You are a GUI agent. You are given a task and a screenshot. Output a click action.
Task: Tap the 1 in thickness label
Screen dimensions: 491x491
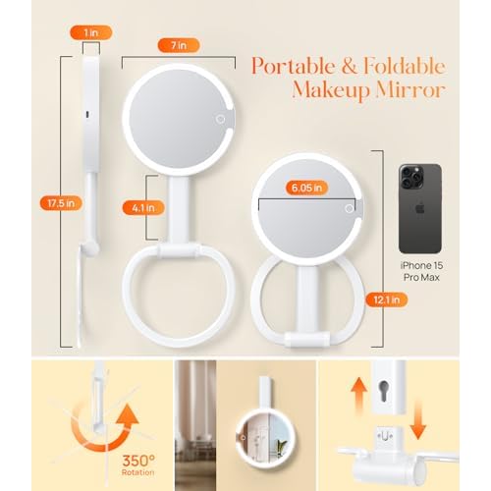90,33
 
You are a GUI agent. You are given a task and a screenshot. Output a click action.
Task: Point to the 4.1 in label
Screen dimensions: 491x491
133,207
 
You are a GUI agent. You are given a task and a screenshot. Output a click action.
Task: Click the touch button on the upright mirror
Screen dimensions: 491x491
222,119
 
